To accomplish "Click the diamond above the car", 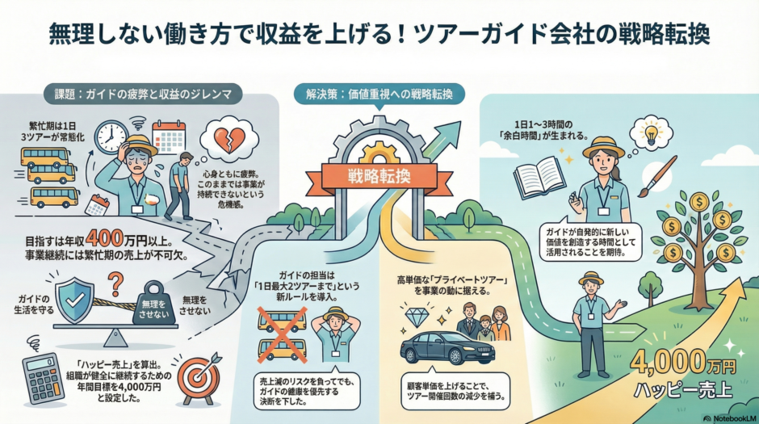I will point(417,314).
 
